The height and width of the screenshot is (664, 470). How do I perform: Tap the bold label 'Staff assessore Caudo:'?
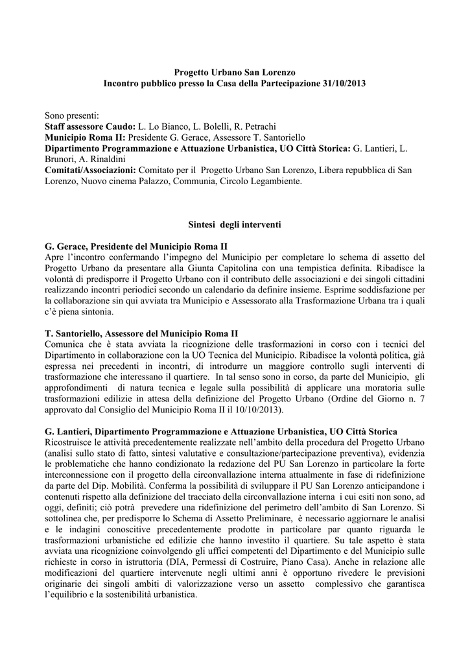point(90,126)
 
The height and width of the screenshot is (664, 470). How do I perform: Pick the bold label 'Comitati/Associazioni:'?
point(90,170)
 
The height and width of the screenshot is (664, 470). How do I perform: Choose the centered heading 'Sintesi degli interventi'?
point(235,224)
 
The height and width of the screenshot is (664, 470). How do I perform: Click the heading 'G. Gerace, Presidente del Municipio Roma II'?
point(136,247)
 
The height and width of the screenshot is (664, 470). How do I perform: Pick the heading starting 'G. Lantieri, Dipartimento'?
point(221,432)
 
